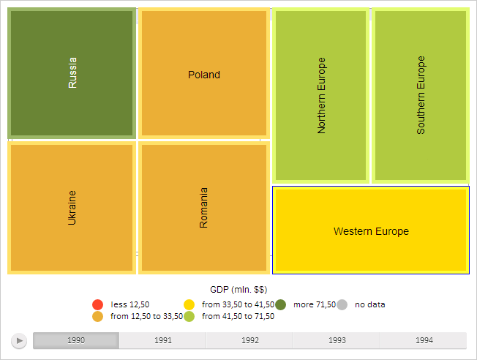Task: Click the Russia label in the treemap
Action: click(x=72, y=73)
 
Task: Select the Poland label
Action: click(x=203, y=75)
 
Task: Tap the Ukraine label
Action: click(x=72, y=207)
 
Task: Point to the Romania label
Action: click(x=203, y=208)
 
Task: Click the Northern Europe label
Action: click(x=321, y=95)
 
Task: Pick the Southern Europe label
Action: click(x=421, y=95)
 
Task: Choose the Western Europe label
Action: click(x=371, y=231)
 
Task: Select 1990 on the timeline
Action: click(x=76, y=340)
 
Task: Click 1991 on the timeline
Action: click(x=163, y=340)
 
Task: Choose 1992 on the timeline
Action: click(x=249, y=340)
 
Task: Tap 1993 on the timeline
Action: click(x=337, y=340)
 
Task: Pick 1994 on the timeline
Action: click(x=424, y=340)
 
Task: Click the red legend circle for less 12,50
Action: click(x=97, y=304)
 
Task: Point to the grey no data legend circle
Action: click(x=342, y=304)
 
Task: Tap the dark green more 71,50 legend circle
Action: click(x=280, y=304)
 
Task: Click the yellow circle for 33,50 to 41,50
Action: click(x=189, y=304)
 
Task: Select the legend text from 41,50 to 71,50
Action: click(x=238, y=316)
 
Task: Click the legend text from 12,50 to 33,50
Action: click(x=146, y=316)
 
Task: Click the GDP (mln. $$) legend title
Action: click(x=238, y=290)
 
